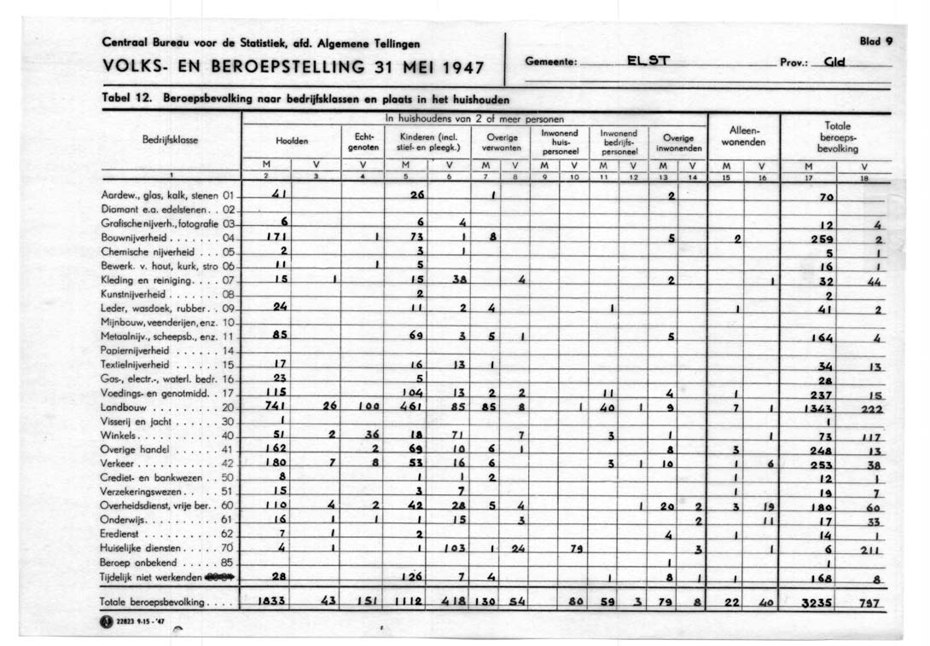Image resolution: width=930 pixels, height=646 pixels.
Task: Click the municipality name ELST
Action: pos(648,61)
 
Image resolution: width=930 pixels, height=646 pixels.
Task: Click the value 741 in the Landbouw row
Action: pos(276,408)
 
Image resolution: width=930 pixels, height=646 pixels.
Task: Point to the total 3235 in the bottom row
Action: pos(817,603)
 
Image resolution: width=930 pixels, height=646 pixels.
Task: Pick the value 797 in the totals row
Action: pos(869,603)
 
